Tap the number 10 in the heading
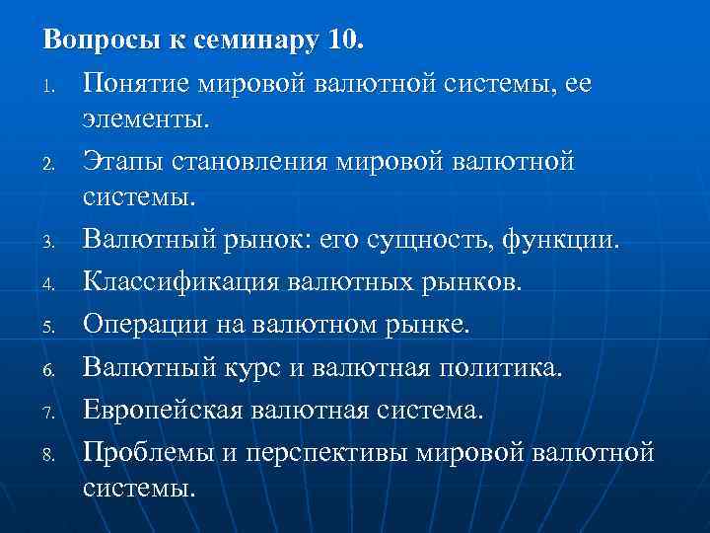pyautogui.click(x=341, y=42)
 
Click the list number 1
pyautogui.click(x=49, y=88)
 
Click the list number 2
pyautogui.click(x=49, y=163)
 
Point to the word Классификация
pyautogui.click(x=181, y=283)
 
